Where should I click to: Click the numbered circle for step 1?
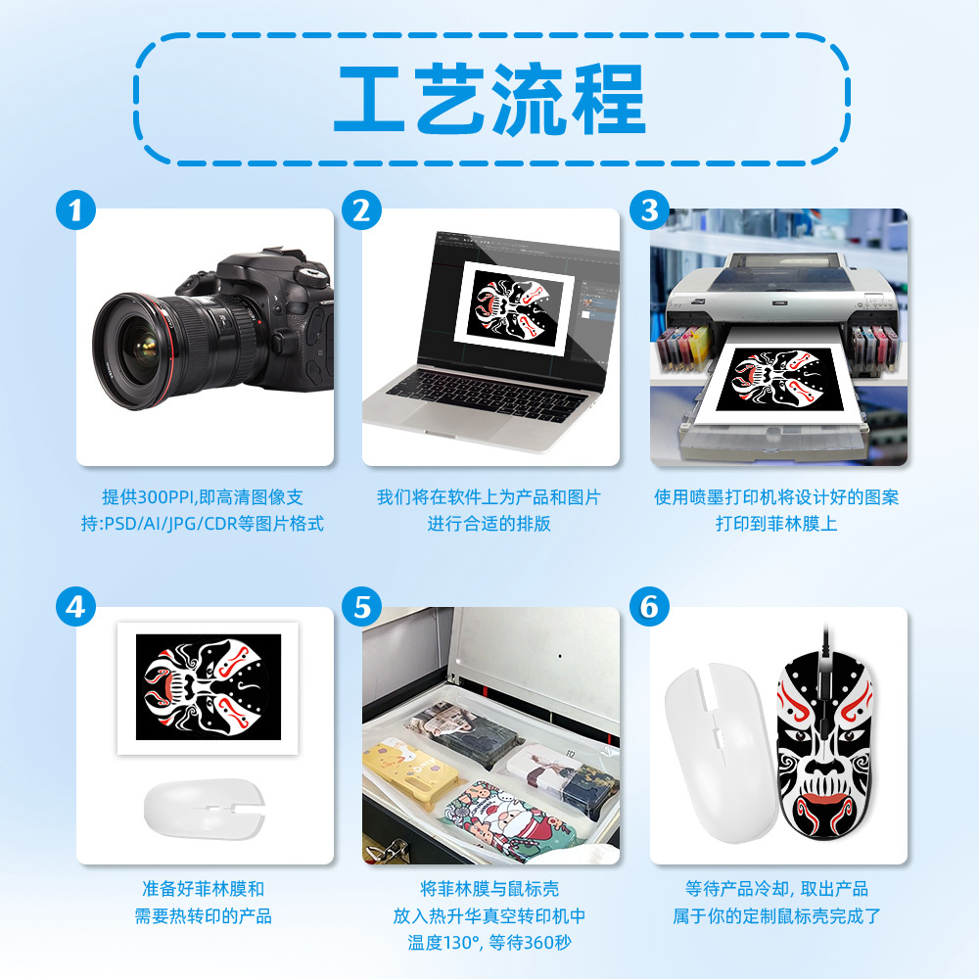click(x=75, y=210)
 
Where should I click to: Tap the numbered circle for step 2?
click(x=362, y=210)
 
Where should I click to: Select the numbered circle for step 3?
click(x=649, y=210)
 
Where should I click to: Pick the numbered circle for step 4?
click(x=75, y=607)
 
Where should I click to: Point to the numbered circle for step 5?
click(x=362, y=607)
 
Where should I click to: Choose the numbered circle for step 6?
click(x=649, y=607)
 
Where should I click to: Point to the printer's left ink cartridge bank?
click(x=682, y=348)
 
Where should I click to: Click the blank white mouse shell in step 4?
click(x=205, y=808)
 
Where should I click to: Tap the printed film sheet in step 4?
click(x=208, y=688)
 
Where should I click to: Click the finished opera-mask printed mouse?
click(x=824, y=744)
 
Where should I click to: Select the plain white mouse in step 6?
click(x=722, y=752)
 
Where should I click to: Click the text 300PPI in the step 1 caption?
click(x=165, y=497)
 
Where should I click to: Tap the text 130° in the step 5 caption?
click(x=461, y=942)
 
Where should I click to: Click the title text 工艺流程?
click(x=490, y=99)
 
